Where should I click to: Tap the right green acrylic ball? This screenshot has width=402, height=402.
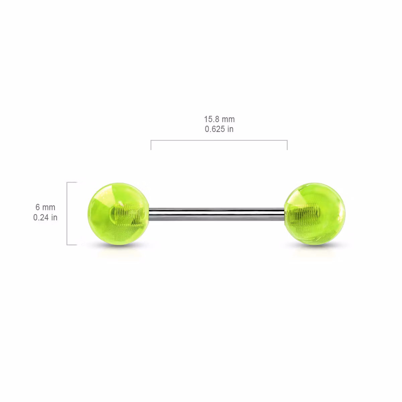314,213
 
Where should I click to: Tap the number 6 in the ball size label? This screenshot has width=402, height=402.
38,207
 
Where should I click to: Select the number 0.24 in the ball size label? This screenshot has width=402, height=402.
41,218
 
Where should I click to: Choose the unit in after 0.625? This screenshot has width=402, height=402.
230,129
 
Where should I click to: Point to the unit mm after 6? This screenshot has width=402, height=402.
49,207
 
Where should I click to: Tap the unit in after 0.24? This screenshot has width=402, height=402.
54,218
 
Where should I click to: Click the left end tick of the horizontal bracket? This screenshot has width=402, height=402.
151,145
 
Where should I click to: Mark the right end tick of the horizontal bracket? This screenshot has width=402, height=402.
287,145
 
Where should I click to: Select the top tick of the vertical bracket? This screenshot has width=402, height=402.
72,182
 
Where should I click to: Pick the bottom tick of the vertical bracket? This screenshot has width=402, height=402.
72,245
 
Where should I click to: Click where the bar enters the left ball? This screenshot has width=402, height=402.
149,213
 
